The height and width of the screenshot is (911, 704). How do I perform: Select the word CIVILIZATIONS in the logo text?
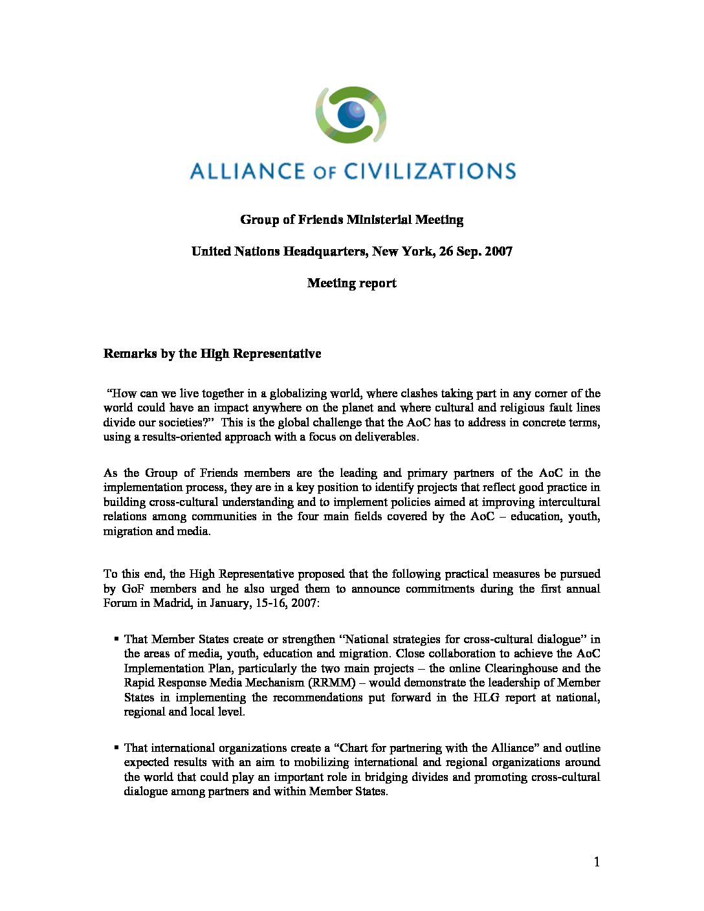coord(430,171)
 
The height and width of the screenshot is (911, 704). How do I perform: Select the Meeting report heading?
coord(351,283)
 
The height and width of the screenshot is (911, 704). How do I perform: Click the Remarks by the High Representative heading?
coord(212,354)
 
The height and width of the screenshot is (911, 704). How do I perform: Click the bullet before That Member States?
coord(116,639)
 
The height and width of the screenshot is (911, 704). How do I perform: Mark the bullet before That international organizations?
coord(116,748)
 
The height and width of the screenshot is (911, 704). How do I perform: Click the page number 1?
coord(597,862)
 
